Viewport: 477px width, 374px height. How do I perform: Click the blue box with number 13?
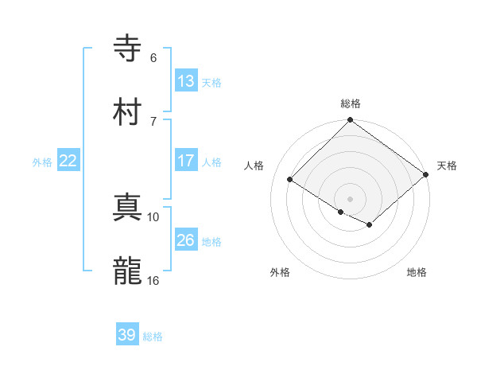click(186, 80)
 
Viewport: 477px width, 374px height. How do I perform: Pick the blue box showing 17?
click(186, 160)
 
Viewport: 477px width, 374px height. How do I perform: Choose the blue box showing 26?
click(186, 240)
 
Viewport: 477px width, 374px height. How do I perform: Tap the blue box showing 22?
click(68, 160)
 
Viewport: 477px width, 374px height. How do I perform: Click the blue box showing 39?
click(127, 335)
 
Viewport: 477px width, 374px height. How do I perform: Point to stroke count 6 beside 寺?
click(153, 57)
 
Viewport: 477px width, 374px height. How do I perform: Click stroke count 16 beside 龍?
click(153, 280)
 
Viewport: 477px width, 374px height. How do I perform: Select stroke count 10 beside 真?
click(153, 216)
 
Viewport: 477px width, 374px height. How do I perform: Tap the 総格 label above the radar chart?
click(351, 103)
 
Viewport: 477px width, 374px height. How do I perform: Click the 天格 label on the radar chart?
click(447, 166)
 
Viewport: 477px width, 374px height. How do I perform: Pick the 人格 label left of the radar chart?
click(255, 166)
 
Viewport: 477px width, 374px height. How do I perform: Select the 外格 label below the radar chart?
click(280, 272)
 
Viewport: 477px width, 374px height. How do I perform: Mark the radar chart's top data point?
click(351, 121)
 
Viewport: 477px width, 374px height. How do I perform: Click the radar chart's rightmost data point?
click(427, 175)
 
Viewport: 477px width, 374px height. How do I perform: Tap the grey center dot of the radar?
click(351, 198)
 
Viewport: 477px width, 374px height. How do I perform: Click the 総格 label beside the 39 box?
click(153, 337)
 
